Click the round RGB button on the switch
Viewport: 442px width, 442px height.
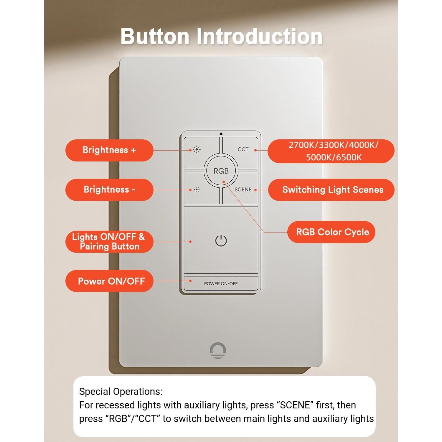(221, 171)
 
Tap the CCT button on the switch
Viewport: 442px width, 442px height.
(243, 149)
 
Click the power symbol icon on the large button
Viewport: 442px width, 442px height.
(221, 241)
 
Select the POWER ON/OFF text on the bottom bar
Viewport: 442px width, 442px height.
(221, 283)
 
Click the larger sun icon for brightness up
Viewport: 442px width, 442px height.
(197, 150)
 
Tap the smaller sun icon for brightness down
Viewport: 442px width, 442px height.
(197, 189)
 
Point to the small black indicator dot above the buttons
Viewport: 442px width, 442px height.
(221, 134)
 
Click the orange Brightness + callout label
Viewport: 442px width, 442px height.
(109, 150)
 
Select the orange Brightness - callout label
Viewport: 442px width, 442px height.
(109, 189)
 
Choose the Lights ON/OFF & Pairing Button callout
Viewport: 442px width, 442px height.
(109, 242)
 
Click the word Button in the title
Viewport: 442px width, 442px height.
(155, 37)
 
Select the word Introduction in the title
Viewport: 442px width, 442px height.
(259, 37)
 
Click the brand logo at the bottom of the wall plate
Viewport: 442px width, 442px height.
(218, 350)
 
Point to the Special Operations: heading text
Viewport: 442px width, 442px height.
(121, 392)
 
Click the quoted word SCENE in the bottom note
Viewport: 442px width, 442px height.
(295, 405)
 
